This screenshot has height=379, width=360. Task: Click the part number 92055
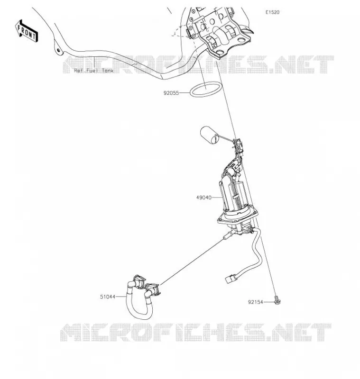(171, 93)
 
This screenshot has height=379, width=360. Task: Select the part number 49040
(203, 198)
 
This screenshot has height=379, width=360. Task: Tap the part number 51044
(108, 297)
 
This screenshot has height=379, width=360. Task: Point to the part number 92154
(255, 302)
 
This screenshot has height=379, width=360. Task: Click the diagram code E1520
(272, 12)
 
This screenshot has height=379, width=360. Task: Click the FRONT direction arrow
(27, 31)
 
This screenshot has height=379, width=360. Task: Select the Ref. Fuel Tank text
(93, 71)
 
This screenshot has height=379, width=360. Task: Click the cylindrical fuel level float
(209, 135)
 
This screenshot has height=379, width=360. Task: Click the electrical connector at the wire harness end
(230, 279)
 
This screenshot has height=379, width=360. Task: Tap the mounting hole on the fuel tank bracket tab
(58, 50)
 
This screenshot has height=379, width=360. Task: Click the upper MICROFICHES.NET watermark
(198, 64)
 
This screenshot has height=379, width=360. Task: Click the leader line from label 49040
(217, 198)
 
